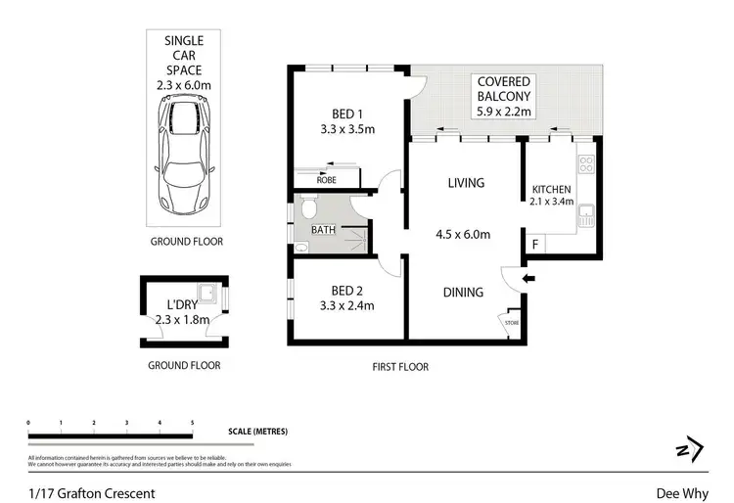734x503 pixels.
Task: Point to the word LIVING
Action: [466, 183]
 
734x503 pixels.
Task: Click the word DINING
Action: [462, 292]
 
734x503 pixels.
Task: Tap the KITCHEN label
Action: [551, 189]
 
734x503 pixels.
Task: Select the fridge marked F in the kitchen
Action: [534, 243]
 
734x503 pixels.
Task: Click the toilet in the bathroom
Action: [309, 207]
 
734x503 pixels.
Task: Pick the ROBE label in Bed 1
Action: [326, 180]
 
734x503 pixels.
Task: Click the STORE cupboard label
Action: [510, 321]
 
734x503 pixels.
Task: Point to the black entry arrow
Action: [529, 280]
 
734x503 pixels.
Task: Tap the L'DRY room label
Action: [182, 303]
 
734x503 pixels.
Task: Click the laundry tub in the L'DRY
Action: [207, 293]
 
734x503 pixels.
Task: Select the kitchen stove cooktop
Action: [585, 164]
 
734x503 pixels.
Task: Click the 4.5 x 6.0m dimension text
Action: [463, 234]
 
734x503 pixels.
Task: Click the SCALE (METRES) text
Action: [256, 432]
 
